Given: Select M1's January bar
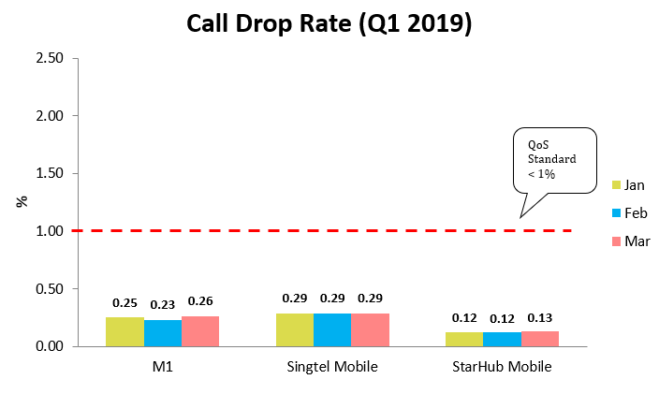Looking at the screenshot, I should (x=124, y=332).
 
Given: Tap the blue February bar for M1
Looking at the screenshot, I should (x=163, y=333).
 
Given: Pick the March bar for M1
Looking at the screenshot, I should (x=200, y=331).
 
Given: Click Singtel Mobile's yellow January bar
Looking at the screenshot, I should (x=294, y=330).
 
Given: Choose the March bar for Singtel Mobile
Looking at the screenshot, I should (x=370, y=330).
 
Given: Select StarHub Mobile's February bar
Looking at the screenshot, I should (x=502, y=340).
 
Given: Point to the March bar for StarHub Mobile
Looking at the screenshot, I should (x=540, y=339).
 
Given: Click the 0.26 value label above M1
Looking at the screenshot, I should (x=200, y=301).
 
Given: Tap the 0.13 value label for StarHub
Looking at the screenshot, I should (x=540, y=317).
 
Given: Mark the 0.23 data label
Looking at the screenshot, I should (x=163, y=305).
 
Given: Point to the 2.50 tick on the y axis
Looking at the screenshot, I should (x=49, y=58).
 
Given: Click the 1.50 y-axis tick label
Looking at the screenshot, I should (x=49, y=173).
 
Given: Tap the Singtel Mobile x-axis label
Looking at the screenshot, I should (x=332, y=366).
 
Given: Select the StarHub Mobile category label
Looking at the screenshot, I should (x=503, y=366).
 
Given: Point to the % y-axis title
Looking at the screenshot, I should (x=21, y=201).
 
